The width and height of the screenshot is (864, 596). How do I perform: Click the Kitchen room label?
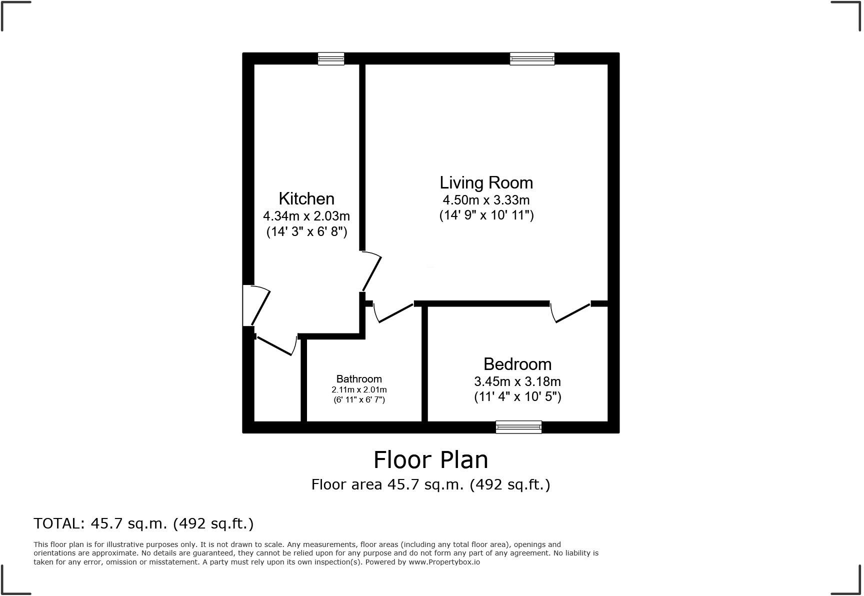306,199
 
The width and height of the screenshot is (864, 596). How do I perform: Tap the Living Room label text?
486,182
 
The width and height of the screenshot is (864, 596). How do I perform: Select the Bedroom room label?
517,364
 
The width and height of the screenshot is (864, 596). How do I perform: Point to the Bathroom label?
359,379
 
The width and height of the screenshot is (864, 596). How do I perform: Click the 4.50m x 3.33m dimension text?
486,200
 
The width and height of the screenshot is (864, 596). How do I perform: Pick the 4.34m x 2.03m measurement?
306,216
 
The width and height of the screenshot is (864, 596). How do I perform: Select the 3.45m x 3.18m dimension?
517,381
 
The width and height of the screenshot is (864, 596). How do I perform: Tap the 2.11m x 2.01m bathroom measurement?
359,390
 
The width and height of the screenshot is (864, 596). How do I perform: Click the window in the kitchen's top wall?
331,59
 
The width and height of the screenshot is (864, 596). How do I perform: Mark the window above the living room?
532,59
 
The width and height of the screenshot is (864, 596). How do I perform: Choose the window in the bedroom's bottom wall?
518,427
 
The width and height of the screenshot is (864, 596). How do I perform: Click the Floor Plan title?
430,460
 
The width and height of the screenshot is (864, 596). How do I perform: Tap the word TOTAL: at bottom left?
59,523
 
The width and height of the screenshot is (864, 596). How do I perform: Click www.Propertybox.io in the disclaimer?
444,562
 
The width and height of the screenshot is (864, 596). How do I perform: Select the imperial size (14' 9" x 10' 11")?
486,215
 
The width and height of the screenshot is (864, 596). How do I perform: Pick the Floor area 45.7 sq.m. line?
430,484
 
